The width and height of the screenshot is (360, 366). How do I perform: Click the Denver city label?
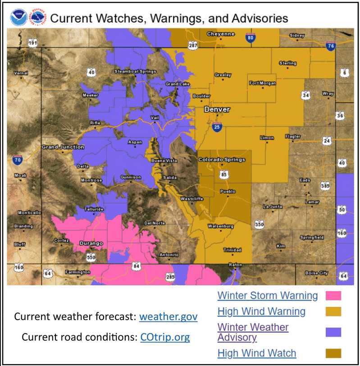coord(217,110)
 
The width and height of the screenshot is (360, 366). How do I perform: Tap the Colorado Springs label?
coord(222,160)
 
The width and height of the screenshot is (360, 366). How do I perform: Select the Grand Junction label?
coord(63,147)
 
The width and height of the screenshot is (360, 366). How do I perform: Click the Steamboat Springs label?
coord(135,71)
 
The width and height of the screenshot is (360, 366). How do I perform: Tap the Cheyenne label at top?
coord(221,34)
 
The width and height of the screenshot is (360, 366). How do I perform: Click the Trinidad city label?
coord(232,250)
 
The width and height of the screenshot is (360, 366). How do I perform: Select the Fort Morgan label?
coord(263,83)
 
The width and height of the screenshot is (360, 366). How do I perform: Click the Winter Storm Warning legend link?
coord(267,296)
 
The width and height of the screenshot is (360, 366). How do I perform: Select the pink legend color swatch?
coord(333,296)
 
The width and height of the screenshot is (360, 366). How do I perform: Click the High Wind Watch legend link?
coord(257,353)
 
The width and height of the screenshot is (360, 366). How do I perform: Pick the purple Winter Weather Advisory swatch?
coord(333,332)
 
